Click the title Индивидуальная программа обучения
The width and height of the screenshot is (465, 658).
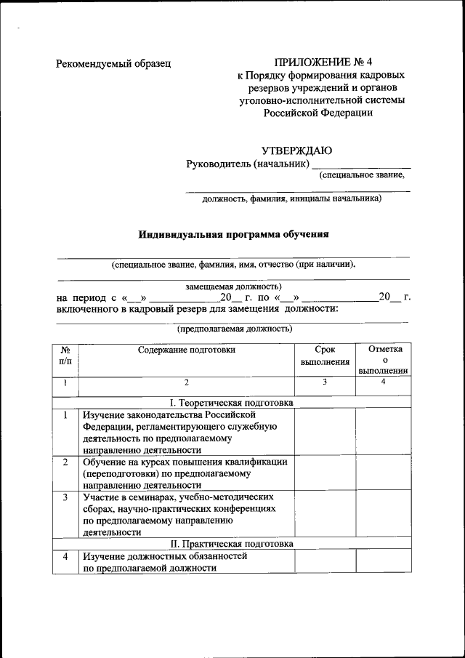(x=234, y=234)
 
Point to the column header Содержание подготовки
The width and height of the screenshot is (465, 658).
(x=187, y=350)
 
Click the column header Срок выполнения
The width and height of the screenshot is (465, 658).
(x=325, y=355)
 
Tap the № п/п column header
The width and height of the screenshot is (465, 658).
(x=65, y=355)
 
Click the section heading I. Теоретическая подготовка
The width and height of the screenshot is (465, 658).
(x=231, y=402)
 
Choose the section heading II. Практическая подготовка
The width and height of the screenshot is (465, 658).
(x=231, y=543)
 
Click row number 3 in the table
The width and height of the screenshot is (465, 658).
(x=65, y=497)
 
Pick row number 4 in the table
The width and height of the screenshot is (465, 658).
(x=65, y=557)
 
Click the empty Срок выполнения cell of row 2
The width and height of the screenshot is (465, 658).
(x=325, y=473)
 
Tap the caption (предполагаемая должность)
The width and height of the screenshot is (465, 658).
(x=235, y=329)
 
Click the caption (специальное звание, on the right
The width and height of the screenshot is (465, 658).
(x=361, y=174)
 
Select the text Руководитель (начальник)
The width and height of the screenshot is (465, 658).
(x=243, y=164)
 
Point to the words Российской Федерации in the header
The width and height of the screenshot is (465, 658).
(x=317, y=113)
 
